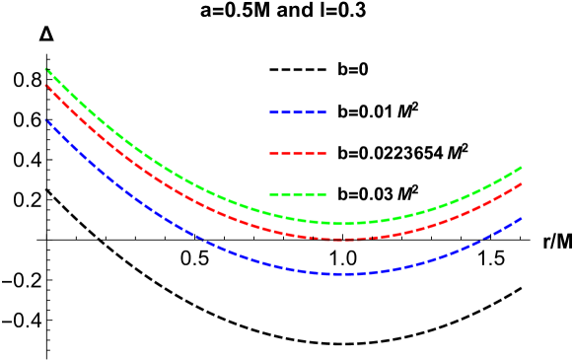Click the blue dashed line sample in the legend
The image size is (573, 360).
[x=298, y=112]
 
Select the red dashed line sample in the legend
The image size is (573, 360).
[x=298, y=154]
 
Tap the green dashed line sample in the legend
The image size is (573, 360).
[x=298, y=194]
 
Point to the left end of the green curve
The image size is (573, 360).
[x=46, y=69]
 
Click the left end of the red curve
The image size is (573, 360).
[x=46, y=86]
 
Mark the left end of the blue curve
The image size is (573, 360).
[x=46, y=120]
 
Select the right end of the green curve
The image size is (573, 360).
[x=521, y=168]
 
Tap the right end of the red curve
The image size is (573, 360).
[x=521, y=184]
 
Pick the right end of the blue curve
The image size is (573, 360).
[x=521, y=218]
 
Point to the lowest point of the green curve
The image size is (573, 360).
[x=340, y=223]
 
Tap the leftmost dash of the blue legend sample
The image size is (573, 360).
[x=274, y=112]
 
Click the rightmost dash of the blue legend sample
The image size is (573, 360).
[x=322, y=112]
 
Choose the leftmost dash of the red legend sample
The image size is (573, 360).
[x=274, y=154]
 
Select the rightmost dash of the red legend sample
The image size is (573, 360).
[x=322, y=154]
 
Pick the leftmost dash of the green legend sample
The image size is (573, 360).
[x=274, y=194]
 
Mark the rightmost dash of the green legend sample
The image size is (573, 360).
[x=322, y=194]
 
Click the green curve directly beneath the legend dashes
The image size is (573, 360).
[x=298, y=219]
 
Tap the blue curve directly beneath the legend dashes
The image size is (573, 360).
[x=298, y=269]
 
